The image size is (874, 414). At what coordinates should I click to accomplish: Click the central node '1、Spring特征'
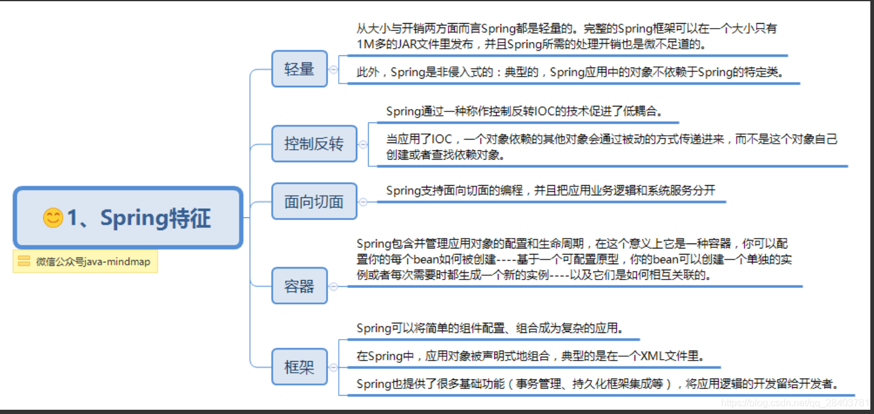tap(128, 217)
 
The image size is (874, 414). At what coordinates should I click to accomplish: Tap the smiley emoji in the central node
tap(53, 217)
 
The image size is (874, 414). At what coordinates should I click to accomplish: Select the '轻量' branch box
tap(299, 69)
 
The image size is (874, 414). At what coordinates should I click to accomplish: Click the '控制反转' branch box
tap(314, 144)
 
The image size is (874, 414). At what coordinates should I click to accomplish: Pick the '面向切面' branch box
tap(314, 202)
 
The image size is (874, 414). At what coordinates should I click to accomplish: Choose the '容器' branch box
tap(299, 286)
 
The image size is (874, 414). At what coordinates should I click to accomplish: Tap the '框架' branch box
tap(299, 367)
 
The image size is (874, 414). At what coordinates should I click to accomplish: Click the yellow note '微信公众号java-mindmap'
tap(85, 262)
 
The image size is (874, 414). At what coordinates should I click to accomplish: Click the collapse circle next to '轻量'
tap(333, 69)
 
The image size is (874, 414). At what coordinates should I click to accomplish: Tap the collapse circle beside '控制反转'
tap(363, 144)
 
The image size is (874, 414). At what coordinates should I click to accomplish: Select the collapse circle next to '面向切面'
tap(363, 202)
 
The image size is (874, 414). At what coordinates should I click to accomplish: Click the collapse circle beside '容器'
tap(333, 286)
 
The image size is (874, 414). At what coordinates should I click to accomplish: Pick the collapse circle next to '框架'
tap(333, 368)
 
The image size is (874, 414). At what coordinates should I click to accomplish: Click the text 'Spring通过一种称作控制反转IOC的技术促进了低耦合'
tap(524, 111)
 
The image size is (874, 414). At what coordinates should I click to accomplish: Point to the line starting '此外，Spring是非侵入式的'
tap(570, 72)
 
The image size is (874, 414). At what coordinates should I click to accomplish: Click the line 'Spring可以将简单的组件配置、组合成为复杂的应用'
tap(491, 328)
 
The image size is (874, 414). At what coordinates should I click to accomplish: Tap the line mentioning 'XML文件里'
tap(531, 356)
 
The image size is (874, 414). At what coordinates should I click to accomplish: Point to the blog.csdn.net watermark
tap(795, 403)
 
